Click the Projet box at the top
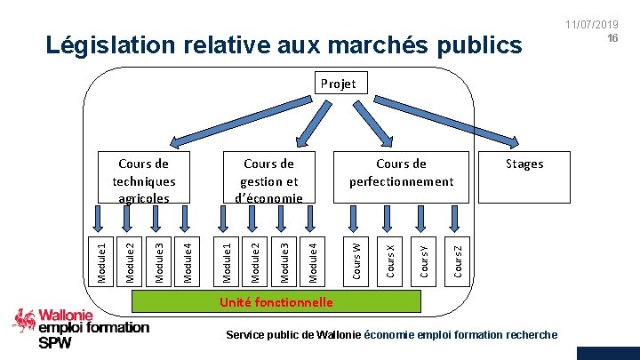pyautogui.click(x=338, y=84)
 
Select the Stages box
pyautogui.click(x=524, y=164)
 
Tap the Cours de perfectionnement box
pyautogui.click(x=401, y=172)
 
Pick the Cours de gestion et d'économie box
pyautogui.click(x=268, y=180)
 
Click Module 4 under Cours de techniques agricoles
pyautogui.click(x=187, y=260)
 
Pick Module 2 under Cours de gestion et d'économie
pyautogui.click(x=255, y=260)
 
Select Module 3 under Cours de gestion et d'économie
pyautogui.click(x=284, y=260)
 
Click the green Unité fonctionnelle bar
pyautogui.click(x=276, y=302)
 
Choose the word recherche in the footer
pyautogui.click(x=530, y=334)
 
